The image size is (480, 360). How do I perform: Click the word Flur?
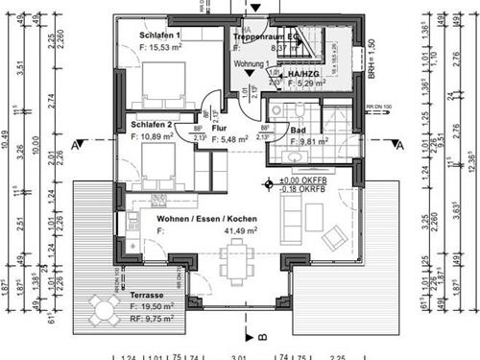click(x=218, y=126)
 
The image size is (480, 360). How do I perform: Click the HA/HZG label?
click(x=289, y=74)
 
